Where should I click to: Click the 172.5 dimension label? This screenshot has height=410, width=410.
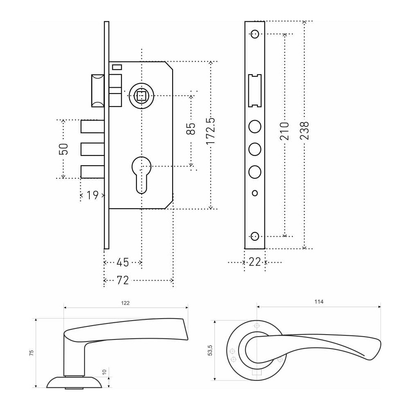click(210, 131)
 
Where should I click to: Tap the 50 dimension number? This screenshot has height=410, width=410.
click(64, 149)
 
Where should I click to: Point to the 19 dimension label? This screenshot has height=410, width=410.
click(92, 195)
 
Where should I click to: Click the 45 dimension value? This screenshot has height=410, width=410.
click(123, 262)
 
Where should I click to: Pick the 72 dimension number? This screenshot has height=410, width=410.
click(123, 280)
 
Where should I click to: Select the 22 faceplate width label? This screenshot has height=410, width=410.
click(255, 262)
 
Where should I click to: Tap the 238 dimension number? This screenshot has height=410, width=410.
click(305, 131)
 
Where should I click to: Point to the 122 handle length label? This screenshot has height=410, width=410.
click(125, 303)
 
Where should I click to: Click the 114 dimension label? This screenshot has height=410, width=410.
click(319, 302)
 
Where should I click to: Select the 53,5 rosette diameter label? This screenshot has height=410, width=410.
click(210, 351)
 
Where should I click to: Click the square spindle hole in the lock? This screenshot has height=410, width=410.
click(141, 96)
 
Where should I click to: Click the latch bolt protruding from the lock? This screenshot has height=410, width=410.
click(98, 91)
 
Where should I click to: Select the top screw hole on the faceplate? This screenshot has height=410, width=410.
click(255, 34)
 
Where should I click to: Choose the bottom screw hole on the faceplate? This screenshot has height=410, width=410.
click(255, 236)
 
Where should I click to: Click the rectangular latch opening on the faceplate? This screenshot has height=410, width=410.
click(255, 90)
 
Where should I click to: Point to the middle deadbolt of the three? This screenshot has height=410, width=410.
click(92, 149)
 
